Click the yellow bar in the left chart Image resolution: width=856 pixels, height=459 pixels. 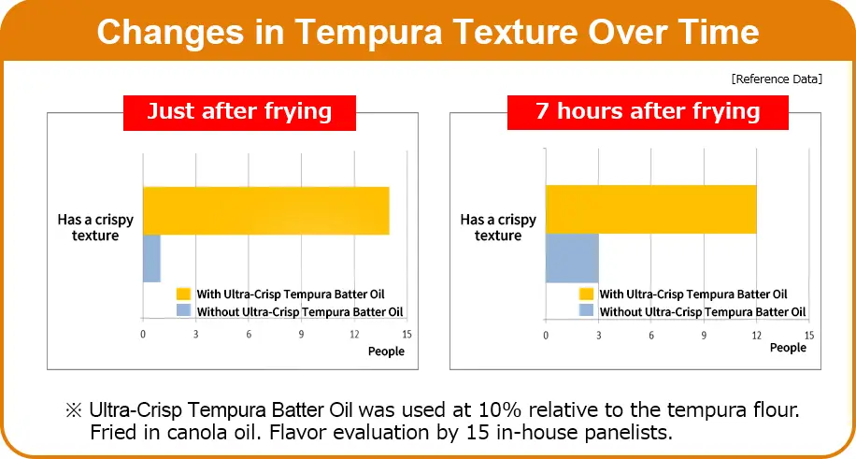(265, 211)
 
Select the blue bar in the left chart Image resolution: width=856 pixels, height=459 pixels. (151, 258)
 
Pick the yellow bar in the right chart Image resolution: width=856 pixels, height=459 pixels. (650, 209)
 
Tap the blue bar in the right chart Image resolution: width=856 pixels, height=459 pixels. (572, 258)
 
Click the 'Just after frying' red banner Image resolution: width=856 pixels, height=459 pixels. (239, 112)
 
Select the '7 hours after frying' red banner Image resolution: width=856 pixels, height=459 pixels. (648, 112)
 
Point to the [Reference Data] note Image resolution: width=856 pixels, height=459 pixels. (777, 79)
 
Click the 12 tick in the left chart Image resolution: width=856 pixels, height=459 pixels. (354, 335)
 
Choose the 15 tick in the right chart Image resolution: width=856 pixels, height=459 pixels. (809, 335)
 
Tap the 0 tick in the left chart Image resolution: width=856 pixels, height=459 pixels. (143, 335)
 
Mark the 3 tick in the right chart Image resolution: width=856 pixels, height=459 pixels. (599, 335)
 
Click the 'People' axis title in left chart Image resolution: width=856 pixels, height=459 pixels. (386, 351)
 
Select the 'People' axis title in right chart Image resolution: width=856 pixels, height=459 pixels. (788, 348)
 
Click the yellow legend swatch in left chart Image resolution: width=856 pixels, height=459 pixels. (183, 294)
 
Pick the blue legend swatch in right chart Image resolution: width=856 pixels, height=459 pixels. (586, 311)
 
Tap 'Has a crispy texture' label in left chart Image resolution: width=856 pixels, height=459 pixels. (95, 227)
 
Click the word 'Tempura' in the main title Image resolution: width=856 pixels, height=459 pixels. (368, 32)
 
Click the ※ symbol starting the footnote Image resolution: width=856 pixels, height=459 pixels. (73, 409)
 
